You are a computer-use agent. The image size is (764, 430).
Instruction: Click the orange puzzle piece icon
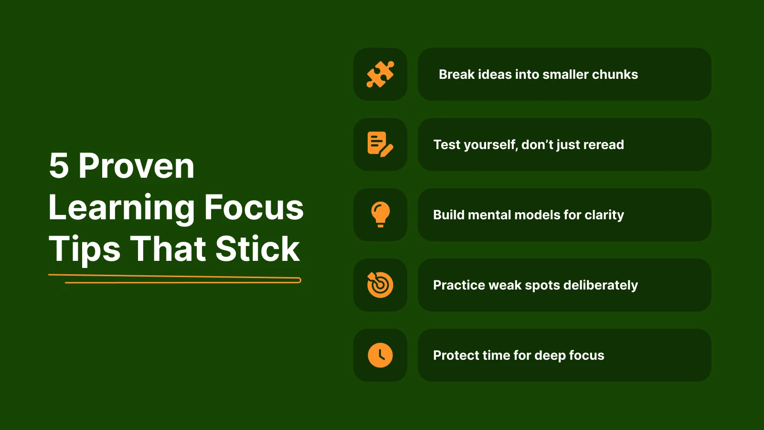tap(380, 74)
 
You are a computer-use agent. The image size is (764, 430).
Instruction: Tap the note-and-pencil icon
tap(380, 144)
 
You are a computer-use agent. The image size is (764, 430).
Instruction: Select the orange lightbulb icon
tap(380, 215)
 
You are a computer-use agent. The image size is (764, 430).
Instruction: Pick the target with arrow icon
tap(380, 285)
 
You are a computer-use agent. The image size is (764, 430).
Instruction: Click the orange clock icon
tap(380, 355)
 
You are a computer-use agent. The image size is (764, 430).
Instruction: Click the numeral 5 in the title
tap(59, 166)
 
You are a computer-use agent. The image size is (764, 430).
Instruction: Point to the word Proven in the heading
tap(137, 166)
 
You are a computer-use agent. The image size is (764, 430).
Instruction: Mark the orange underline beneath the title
tap(175, 279)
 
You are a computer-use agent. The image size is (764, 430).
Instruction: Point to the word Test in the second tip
tap(446, 145)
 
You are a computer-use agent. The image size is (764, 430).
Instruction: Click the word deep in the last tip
tap(550, 356)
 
